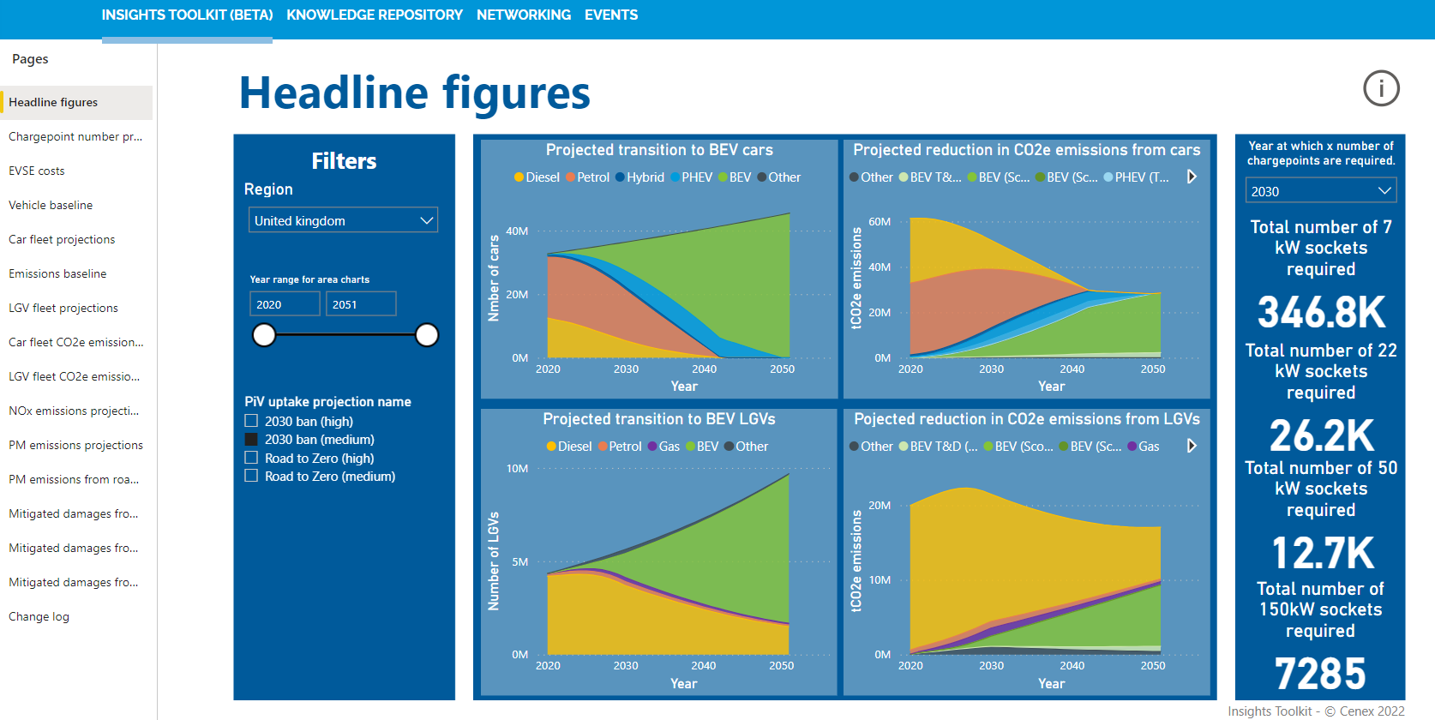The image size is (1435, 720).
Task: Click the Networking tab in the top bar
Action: click(x=523, y=15)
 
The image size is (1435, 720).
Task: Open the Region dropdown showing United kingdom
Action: click(x=343, y=220)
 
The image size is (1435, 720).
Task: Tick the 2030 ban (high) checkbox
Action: click(x=251, y=421)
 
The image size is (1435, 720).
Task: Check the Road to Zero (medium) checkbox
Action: click(x=251, y=476)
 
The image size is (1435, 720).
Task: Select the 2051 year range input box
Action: click(x=360, y=304)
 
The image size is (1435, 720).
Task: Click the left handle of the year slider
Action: click(x=264, y=335)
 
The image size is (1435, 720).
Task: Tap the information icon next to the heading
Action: click(x=1381, y=88)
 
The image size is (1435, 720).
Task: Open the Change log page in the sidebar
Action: click(x=39, y=616)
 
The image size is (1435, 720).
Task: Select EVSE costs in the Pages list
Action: click(x=37, y=171)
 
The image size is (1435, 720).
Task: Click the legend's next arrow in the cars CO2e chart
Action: click(x=1192, y=177)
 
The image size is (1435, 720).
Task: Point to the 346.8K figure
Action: click(x=1321, y=312)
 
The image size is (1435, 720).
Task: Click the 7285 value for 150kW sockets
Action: click(x=1320, y=674)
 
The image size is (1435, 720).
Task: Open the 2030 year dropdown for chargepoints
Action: click(x=1320, y=191)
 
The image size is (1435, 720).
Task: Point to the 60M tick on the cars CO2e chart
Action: click(x=880, y=222)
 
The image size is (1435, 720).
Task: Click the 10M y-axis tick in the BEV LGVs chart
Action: click(x=517, y=469)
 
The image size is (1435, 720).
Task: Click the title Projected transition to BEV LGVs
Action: click(x=658, y=419)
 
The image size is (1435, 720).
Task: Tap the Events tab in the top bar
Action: click(x=610, y=15)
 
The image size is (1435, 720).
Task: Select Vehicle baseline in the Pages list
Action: click(x=51, y=205)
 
